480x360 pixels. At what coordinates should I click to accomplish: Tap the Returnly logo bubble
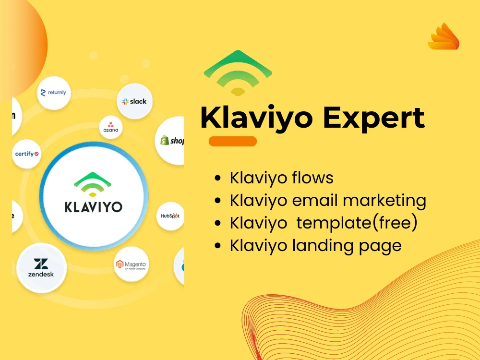54,93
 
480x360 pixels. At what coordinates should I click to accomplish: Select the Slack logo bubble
135,101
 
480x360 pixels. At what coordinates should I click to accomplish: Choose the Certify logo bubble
27,154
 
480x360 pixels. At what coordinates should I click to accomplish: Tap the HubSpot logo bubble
170,216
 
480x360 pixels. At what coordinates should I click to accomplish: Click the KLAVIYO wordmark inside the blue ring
94,207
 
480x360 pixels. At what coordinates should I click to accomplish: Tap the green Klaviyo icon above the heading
238,72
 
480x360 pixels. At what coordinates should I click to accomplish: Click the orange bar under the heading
233,142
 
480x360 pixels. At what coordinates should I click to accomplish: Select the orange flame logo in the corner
444,37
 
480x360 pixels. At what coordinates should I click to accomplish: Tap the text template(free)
356,223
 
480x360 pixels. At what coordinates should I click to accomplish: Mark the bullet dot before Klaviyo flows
218,179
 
